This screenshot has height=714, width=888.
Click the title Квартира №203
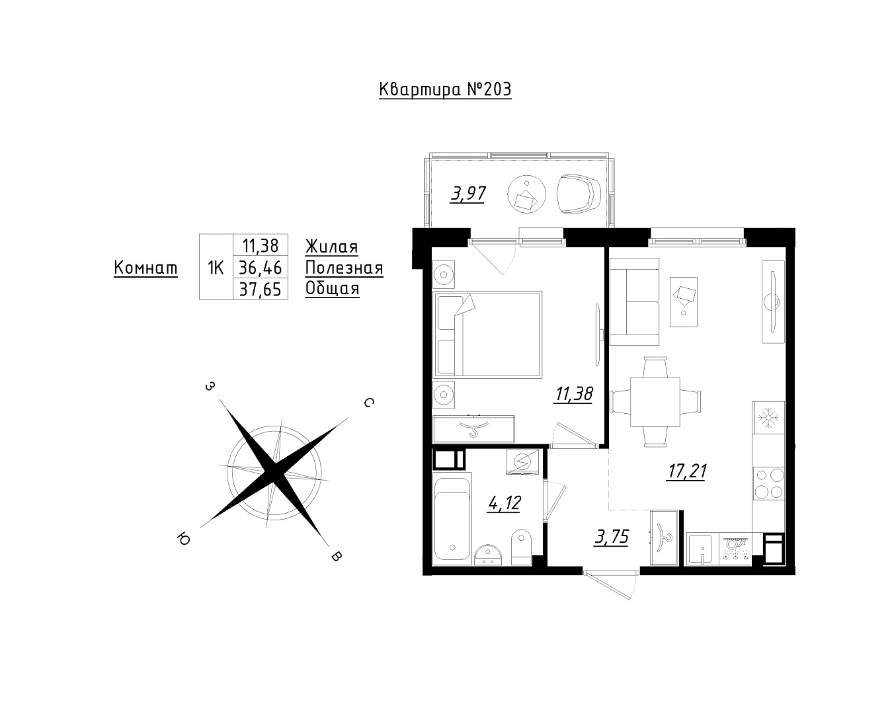(445, 89)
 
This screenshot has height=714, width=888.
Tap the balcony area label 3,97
(468, 194)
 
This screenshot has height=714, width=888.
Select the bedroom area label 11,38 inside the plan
(575, 395)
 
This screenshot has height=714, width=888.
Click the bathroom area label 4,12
(505, 503)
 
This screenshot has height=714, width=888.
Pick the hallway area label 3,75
(612, 537)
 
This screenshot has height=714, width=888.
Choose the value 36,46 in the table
(260, 268)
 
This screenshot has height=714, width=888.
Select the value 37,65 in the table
(260, 290)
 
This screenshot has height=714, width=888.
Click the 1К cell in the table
(216, 268)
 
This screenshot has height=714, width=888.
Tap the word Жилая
(332, 247)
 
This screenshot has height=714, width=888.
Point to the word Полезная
(344, 268)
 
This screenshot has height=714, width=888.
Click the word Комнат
(145, 268)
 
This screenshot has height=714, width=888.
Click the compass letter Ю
(183, 539)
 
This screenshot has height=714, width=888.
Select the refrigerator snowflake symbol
(768, 418)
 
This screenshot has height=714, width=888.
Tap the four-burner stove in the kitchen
(768, 483)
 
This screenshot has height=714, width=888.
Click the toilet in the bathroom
(522, 547)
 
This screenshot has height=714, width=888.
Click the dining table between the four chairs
(655, 401)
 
